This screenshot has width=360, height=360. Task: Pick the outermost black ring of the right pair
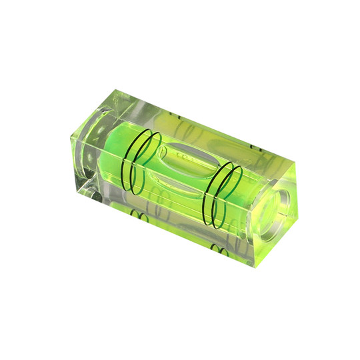coord(235,190)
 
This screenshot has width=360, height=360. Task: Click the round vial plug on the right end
coord(281,200)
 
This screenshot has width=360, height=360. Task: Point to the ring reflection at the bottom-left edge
coord(138,215)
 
